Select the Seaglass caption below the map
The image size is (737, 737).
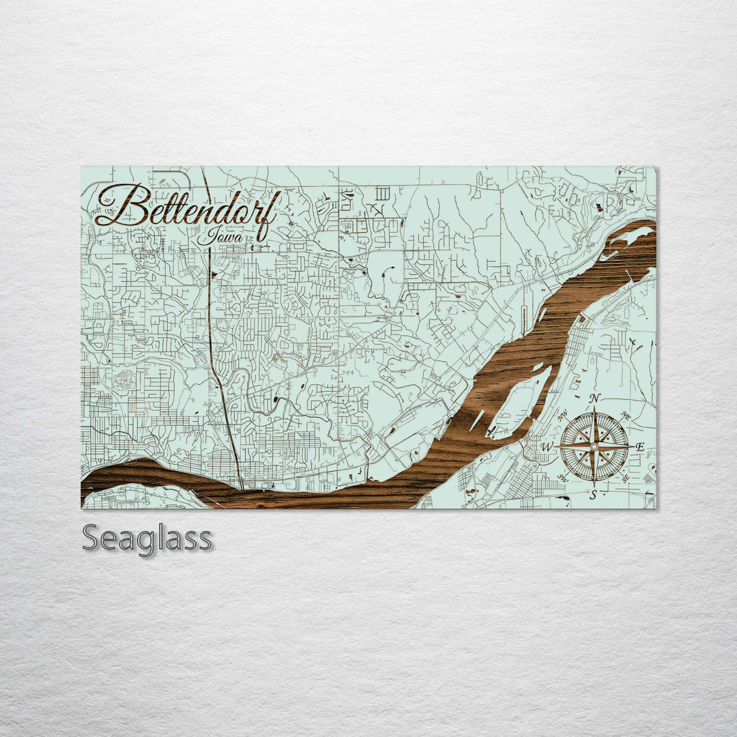[x=147, y=539]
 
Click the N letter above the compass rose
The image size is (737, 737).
[x=594, y=399]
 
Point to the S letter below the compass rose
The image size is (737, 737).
[x=594, y=495]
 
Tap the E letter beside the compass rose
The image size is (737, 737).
[x=639, y=447]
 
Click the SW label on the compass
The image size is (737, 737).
[x=562, y=478]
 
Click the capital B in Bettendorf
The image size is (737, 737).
[x=130, y=205]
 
